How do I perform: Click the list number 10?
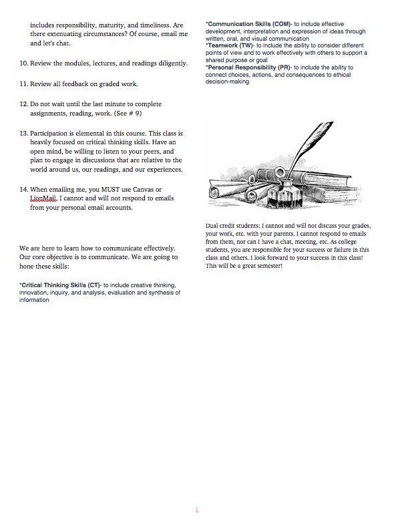pyautogui.click(x=23, y=63)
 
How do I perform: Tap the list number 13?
pyautogui.click(x=23, y=134)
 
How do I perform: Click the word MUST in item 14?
pyautogui.click(x=110, y=190)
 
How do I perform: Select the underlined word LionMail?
pyautogui.click(x=43, y=198)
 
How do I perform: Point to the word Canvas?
pyautogui.click(x=144, y=190)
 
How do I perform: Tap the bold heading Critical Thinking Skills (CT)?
pyautogui.click(x=60, y=285)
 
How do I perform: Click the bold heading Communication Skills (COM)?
pyautogui.click(x=248, y=24)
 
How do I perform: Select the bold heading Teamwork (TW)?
pyautogui.click(x=230, y=45)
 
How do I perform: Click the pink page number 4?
pyautogui.click(x=197, y=510)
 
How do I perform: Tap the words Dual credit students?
pyautogui.click(x=232, y=226)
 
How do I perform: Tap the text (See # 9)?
pyautogui.click(x=128, y=114)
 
